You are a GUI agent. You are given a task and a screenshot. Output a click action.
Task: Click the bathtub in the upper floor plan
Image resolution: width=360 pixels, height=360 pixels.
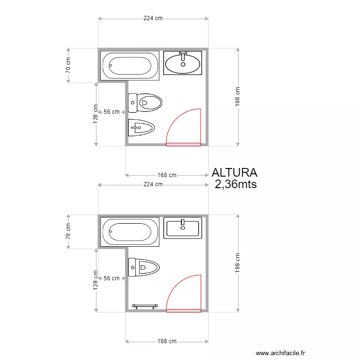[x=130, y=66]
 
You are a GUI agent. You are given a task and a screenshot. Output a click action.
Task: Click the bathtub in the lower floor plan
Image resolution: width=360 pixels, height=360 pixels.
[x=130, y=232]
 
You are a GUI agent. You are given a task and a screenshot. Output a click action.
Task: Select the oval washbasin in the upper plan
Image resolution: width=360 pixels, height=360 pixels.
[x=183, y=63]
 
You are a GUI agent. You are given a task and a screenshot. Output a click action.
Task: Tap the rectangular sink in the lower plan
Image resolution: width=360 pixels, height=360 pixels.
[x=183, y=228]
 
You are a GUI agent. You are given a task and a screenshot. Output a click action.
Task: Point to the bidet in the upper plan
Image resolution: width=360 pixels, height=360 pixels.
[x=141, y=128]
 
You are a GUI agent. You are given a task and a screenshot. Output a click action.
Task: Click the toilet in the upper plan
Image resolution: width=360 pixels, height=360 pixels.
[x=145, y=103]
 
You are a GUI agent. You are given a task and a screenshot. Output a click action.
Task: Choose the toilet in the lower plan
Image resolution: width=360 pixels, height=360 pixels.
[x=144, y=267]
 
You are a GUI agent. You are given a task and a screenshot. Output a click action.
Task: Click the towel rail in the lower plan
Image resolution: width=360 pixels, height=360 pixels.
[x=145, y=306]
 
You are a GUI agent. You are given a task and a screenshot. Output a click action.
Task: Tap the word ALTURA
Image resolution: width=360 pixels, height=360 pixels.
[x=234, y=173]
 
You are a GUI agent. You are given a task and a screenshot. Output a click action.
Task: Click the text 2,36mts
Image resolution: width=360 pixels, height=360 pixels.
[x=236, y=184]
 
